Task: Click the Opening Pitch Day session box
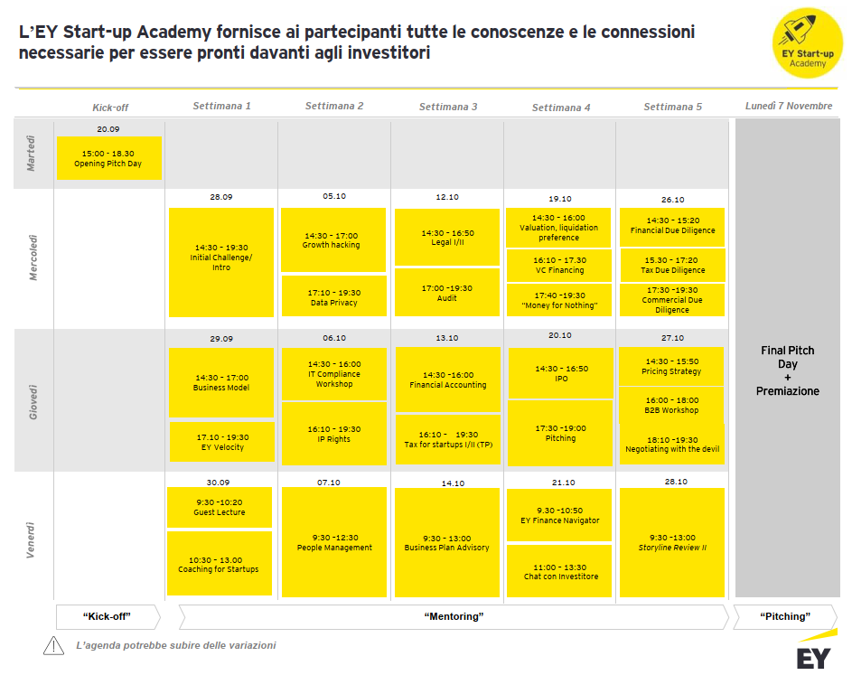[x=108, y=158]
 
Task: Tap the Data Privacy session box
[x=333, y=297]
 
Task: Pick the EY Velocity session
[x=221, y=442]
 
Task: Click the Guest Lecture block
[x=220, y=507]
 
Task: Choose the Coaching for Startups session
[x=220, y=564]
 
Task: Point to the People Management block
[x=334, y=542]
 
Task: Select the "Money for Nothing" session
[x=560, y=300]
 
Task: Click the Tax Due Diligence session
[x=672, y=265]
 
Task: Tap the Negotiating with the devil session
[x=672, y=445]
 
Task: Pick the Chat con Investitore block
[x=560, y=571]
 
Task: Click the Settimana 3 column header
[x=448, y=107]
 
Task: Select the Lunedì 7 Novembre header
[x=788, y=106]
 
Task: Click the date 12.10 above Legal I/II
[x=447, y=197]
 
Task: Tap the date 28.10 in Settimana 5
[x=675, y=482]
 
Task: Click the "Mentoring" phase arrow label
[x=454, y=617]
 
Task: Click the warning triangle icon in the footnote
[x=54, y=645]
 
